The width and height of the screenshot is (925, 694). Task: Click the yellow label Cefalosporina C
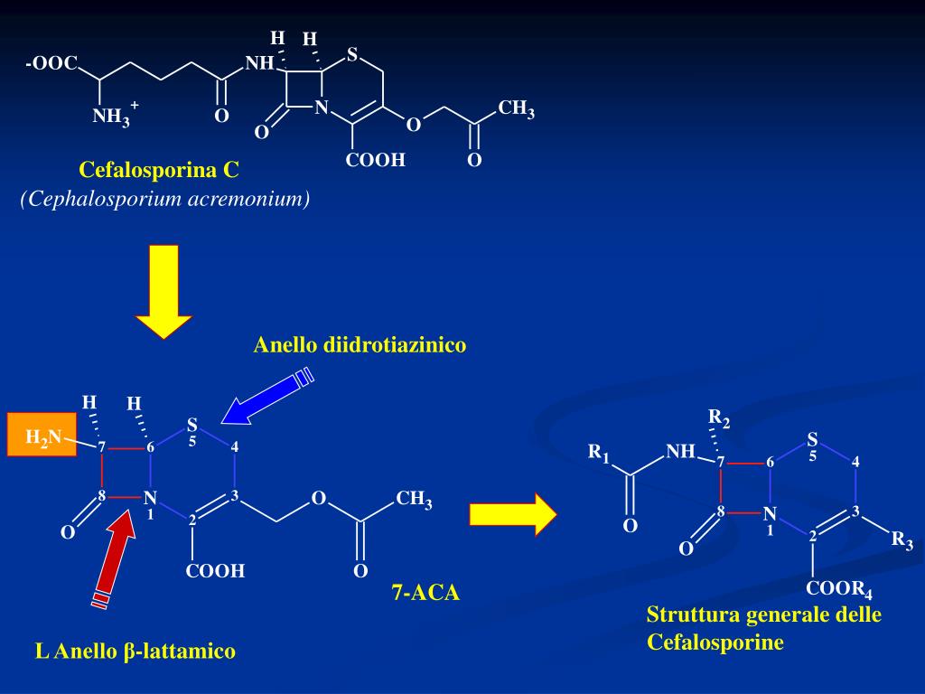tap(159, 169)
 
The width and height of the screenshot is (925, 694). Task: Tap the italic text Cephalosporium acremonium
tap(165, 199)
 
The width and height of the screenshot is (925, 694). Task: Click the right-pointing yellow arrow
tap(512, 515)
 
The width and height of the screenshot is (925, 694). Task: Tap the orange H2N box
tap(42, 434)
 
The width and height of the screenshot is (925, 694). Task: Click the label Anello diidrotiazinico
tap(360, 344)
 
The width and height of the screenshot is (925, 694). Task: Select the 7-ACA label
tap(425, 593)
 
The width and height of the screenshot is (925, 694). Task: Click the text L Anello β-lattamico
tap(135, 651)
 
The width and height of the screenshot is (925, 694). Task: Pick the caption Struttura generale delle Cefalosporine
tap(763, 628)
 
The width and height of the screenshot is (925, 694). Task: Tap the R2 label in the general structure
tap(719, 418)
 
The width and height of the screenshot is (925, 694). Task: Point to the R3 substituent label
tap(902, 540)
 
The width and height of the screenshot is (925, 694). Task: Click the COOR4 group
tap(839, 589)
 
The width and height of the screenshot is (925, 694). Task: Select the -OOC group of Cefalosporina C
tap(51, 64)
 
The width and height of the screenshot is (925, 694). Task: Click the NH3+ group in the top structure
tap(114, 117)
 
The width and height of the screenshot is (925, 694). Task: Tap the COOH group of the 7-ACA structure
tap(215, 571)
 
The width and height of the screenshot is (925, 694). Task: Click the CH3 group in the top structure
tap(516, 110)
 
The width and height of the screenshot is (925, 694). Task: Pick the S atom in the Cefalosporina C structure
tap(352, 54)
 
